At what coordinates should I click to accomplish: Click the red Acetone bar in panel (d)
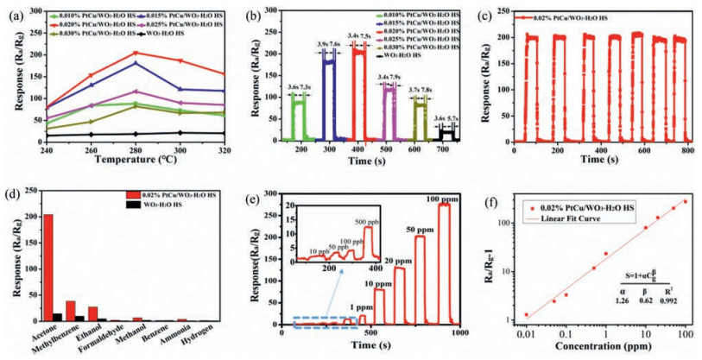[x=48, y=268]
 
